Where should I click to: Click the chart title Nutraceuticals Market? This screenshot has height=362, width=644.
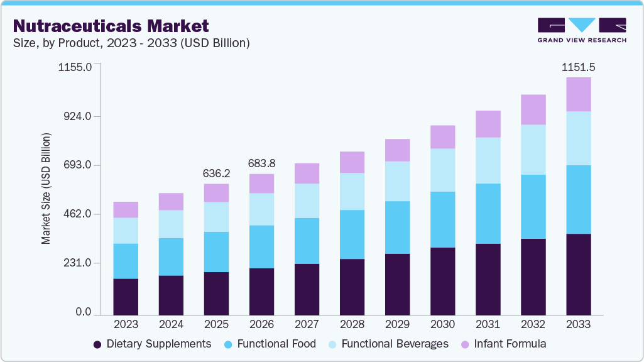pos(111,26)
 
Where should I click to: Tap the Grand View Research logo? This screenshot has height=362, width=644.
pos(582,30)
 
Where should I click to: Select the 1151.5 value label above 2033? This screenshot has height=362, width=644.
pos(578,67)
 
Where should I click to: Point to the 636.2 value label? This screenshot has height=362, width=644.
pos(216,173)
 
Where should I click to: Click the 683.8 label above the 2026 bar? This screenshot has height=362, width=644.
pos(261,163)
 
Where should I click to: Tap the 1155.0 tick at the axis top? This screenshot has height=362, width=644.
pos(75,67)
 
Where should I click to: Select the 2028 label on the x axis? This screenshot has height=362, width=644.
pos(352,324)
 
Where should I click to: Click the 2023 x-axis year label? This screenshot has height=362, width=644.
pos(126,324)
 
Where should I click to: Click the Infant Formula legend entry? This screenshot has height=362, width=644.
pos(503,344)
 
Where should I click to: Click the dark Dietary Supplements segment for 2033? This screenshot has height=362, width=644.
pos(578,274)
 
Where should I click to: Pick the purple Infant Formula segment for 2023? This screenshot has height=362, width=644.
pos(126,210)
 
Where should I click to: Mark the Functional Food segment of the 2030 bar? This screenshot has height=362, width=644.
pos(442,219)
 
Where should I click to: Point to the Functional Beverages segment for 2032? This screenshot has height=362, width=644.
pos(533,150)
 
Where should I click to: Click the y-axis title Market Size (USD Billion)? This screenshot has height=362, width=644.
pos(46,189)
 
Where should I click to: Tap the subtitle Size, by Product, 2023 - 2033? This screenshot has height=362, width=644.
pos(131,43)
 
